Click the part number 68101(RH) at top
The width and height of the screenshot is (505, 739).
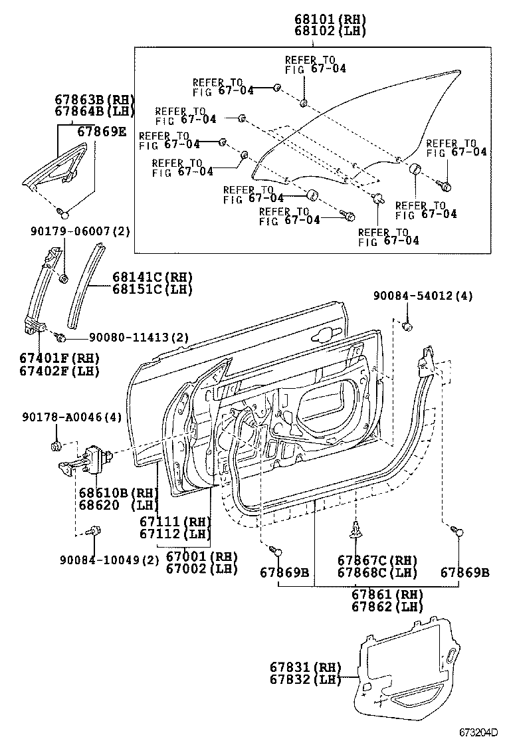point(330,19)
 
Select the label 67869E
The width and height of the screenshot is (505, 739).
point(101,132)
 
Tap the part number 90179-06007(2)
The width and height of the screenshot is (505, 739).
point(81,231)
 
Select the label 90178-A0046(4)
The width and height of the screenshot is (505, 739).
point(77,417)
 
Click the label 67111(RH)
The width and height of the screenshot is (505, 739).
point(175,522)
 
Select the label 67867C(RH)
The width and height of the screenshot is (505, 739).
point(377,560)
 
